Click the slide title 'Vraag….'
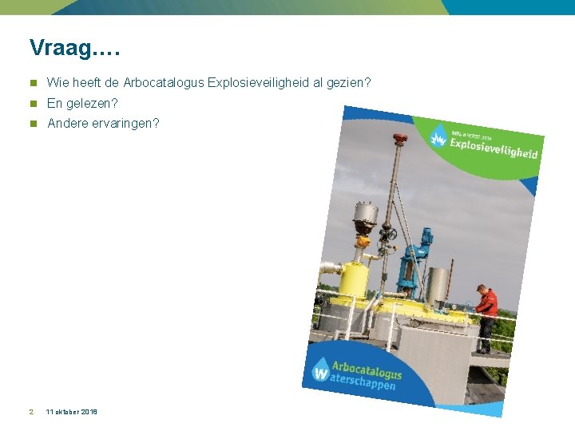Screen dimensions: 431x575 (x=74, y=48)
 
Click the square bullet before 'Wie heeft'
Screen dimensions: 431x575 (x=33, y=82)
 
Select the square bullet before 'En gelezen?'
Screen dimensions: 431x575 (x=33, y=103)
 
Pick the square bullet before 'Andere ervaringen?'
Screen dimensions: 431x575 (x=33, y=124)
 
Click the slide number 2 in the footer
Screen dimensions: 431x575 (x=30, y=412)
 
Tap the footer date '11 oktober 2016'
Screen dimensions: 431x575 (x=72, y=412)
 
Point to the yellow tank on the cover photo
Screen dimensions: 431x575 (x=354, y=279)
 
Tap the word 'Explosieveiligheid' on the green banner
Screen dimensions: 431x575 (x=494, y=148)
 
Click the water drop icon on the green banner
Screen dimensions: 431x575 (x=438, y=135)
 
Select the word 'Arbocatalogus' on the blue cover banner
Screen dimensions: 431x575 (x=367, y=370)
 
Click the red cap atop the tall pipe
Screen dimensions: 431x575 (x=400, y=138)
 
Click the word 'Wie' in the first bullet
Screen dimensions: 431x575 (x=56, y=82)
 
